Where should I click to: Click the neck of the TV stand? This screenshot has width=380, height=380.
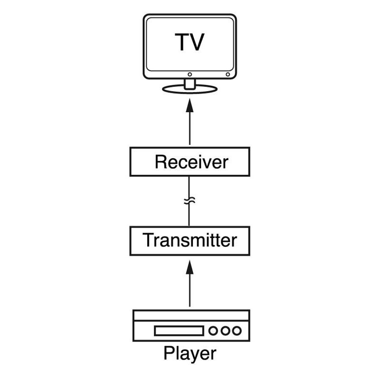pos(190,83)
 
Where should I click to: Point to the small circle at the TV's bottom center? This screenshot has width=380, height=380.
pos(190,75)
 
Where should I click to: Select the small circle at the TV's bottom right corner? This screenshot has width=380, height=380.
pos(228,75)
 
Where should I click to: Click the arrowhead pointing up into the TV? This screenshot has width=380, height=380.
pos(190,105)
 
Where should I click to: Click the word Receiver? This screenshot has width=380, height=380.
pos(191,162)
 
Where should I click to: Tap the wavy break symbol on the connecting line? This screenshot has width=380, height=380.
pos(190,201)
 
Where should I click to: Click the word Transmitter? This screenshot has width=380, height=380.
pos(190,240)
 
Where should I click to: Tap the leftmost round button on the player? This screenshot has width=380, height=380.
pos(214,331)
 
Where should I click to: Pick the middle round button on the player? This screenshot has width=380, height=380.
pos(225,331)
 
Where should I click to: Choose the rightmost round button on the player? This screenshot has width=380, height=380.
pos(237,331)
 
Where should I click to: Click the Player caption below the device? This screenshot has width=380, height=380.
pos(190,354)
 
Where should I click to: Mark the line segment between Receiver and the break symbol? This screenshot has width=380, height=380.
pos(190,186)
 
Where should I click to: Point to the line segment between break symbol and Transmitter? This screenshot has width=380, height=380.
pos(190,216)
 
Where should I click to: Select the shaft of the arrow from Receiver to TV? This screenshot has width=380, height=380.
pos(190,128)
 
